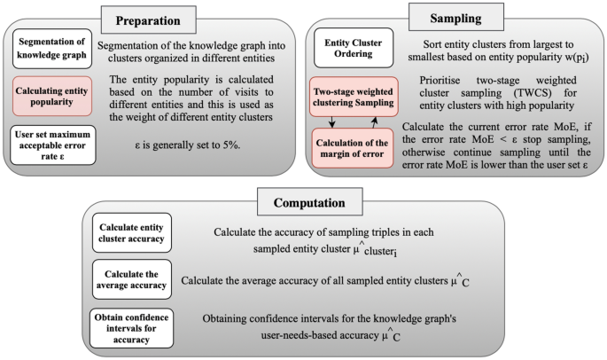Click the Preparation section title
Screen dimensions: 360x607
coord(149,20)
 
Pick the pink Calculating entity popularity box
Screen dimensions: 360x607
coord(51,96)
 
